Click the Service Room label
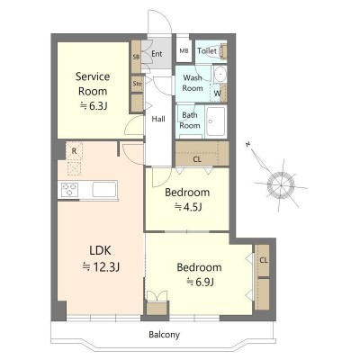tap(93, 84)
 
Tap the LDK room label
tap(101, 250)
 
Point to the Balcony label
tap(165, 335)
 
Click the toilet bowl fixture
tap(222, 50)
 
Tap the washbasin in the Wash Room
tap(220, 74)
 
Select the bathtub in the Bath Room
tap(216, 121)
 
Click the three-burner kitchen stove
tap(69, 190)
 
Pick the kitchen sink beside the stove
tap(104, 190)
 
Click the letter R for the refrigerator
tap(74, 151)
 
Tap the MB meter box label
tap(184, 51)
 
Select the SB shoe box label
tap(136, 57)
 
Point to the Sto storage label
tap(137, 84)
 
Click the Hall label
tap(158, 119)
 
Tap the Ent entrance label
tap(157, 54)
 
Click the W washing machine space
tap(217, 93)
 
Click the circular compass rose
tap(281, 185)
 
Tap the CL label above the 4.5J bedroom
tap(197, 159)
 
